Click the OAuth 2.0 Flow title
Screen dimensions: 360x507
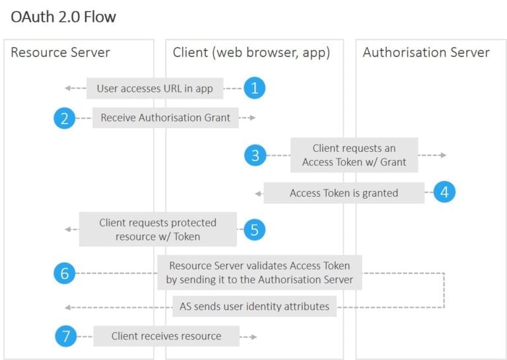(x=63, y=17)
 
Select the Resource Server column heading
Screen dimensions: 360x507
(x=60, y=52)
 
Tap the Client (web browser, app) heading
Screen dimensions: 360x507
(x=251, y=52)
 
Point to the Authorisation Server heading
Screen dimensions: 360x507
(x=426, y=52)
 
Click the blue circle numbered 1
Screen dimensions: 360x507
(x=254, y=88)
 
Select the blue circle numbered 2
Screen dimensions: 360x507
(x=65, y=118)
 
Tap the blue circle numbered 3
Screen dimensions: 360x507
(x=254, y=155)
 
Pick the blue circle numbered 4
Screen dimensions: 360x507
(x=445, y=192)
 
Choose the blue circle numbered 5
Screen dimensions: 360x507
(x=254, y=229)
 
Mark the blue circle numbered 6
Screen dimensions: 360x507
(x=65, y=273)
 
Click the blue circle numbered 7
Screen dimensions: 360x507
(x=65, y=336)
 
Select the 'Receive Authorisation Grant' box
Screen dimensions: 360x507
(x=165, y=118)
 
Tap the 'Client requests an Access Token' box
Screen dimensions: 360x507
(x=354, y=155)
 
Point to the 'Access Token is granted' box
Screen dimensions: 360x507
(x=344, y=193)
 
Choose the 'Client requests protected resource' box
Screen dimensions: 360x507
(x=158, y=229)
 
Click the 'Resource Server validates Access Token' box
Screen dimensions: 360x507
(x=259, y=273)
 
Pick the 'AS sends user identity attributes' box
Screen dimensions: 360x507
(x=255, y=306)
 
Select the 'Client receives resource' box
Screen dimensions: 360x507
(x=166, y=336)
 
